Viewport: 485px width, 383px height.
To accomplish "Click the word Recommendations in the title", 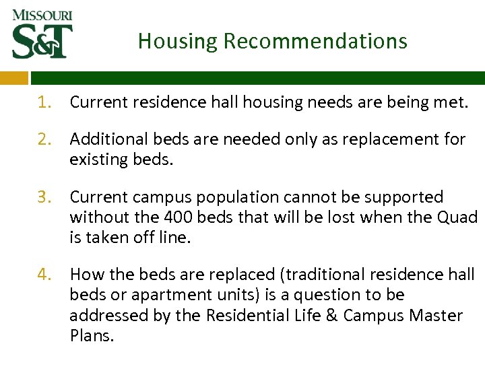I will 315,41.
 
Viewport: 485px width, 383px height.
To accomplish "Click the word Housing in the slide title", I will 178,41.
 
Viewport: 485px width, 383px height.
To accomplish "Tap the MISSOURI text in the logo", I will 42,14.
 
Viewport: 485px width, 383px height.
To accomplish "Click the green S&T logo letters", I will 42,41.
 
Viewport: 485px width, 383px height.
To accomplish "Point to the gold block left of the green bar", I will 13,77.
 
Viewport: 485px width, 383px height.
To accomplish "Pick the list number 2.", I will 44,139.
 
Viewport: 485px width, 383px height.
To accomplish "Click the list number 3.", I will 44,197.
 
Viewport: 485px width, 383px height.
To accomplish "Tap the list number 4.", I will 44,275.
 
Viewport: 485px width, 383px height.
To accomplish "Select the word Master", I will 437,315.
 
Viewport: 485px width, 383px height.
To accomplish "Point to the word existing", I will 98,160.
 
